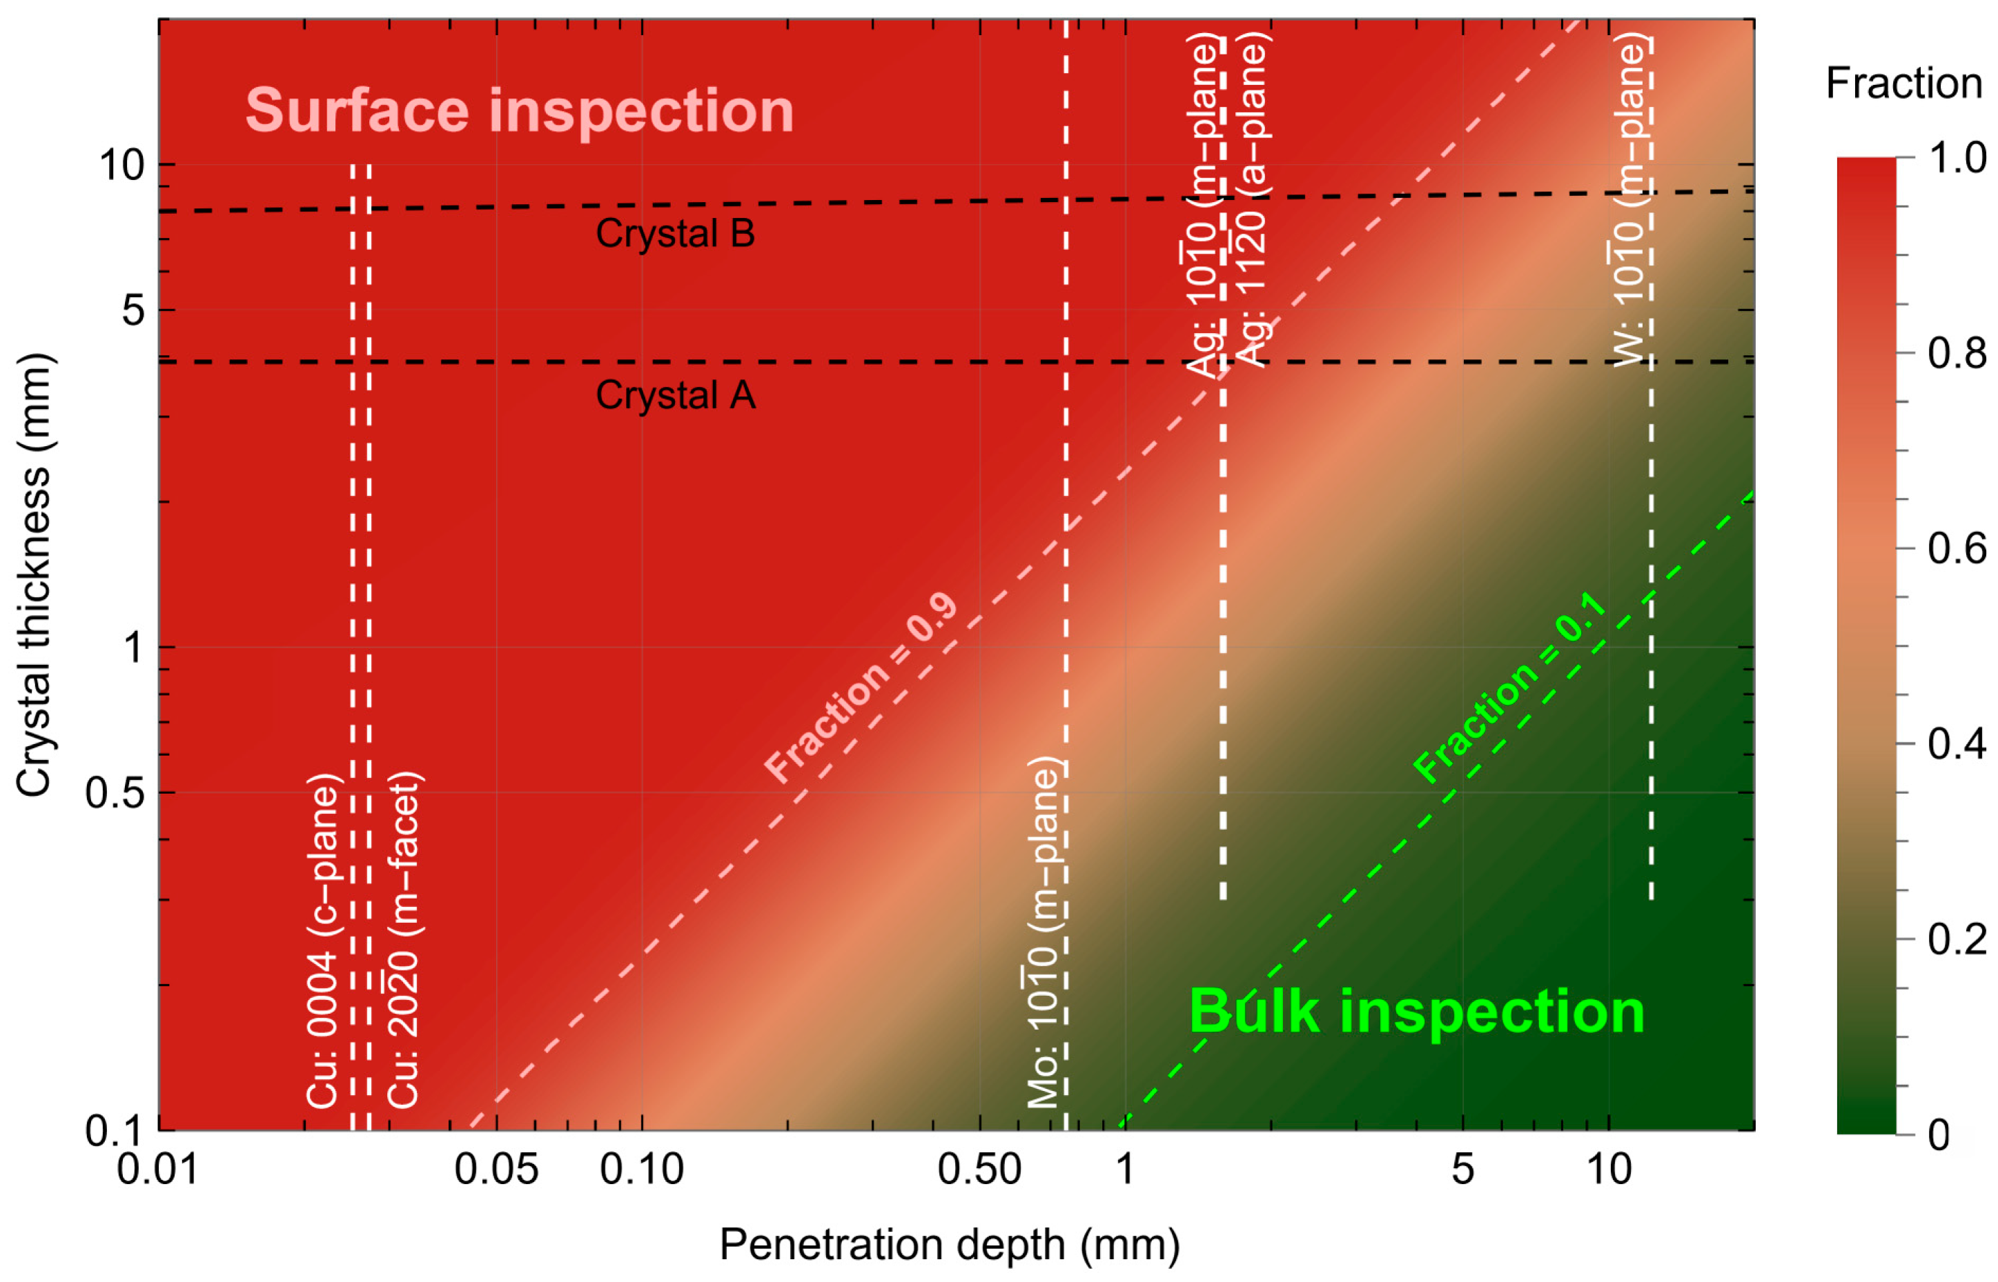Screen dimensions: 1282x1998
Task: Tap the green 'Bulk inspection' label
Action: (x=1416, y=1012)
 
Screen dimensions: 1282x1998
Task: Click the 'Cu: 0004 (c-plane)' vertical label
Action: (x=322, y=941)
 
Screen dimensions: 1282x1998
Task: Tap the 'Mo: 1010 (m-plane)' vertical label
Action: (x=1043, y=933)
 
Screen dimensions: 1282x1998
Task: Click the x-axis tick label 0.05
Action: (x=496, y=1170)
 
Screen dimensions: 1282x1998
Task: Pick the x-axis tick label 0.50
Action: (x=979, y=1170)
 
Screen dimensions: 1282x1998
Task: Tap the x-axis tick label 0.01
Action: (x=157, y=1170)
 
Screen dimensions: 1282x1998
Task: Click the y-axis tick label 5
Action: (x=133, y=310)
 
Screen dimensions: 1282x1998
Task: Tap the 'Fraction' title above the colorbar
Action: (x=1904, y=83)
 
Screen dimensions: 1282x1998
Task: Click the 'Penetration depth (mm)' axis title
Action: (x=950, y=1245)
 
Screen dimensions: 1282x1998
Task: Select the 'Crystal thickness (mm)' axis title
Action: (x=35, y=574)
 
